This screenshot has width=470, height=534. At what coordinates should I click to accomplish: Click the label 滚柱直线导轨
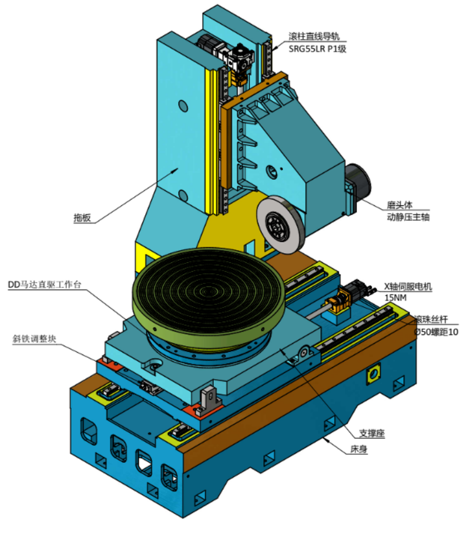point(314,36)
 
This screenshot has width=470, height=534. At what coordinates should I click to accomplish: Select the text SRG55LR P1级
point(317,49)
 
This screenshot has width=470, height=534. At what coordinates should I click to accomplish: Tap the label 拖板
point(82,218)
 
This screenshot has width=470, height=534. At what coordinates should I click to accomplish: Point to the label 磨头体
point(399,205)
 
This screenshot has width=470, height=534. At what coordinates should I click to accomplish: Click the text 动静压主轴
point(408,217)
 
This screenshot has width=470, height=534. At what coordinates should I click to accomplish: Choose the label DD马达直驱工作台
point(45,285)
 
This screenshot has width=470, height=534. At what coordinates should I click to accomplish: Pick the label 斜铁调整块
point(34,339)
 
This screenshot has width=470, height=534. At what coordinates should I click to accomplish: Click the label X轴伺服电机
point(408,286)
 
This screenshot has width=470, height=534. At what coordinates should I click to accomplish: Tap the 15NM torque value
point(395,298)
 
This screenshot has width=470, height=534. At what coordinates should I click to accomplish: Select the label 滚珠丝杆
point(431,319)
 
